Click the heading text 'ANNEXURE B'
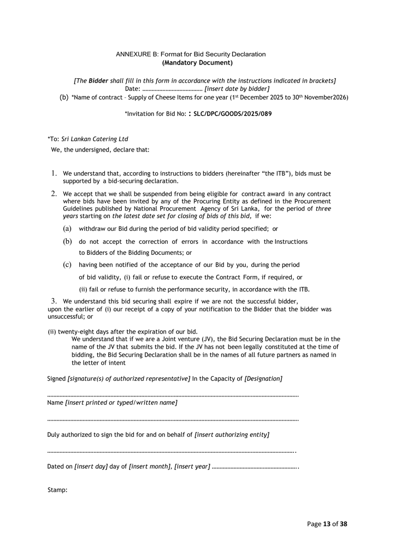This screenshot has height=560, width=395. pos(136,54)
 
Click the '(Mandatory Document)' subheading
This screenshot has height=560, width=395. pos(191,62)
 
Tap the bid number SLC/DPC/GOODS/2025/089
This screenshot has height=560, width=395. pos(233,114)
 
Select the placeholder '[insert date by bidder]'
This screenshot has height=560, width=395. pos(237,89)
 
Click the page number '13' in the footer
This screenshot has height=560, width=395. pos(327,523)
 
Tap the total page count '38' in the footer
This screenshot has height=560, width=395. pos(343,523)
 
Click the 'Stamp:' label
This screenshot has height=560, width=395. pos(57,489)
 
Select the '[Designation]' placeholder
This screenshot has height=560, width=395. pos(263,378)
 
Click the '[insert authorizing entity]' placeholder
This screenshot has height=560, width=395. pos(232,435)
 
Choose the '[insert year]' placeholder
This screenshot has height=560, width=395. pos(192,466)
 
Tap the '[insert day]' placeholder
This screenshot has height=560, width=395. pos(91,466)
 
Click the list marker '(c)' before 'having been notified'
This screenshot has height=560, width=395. pos(67,265)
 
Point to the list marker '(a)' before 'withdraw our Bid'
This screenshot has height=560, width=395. pos(67,229)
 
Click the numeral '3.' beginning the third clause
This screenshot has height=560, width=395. pos(54,301)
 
